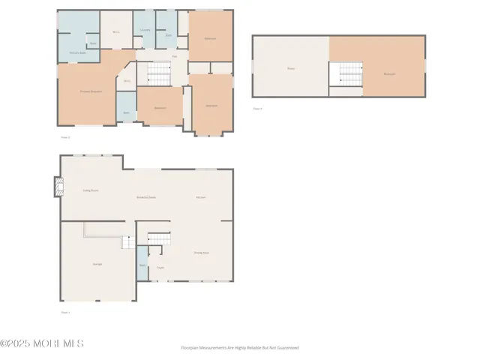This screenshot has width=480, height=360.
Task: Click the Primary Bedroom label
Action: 91,91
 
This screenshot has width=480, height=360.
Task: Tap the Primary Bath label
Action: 75,53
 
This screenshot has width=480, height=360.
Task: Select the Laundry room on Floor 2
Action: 145,30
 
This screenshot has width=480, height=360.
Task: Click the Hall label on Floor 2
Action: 174,56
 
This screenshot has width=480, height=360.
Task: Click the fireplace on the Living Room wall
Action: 57,186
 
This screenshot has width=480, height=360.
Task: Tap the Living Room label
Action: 91,190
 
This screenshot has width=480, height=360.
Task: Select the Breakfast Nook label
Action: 145,196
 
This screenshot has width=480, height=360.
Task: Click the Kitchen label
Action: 201,196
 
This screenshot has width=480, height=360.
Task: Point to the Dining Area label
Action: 201,253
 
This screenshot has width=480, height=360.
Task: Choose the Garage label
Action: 97,264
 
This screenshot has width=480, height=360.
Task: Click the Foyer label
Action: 160,268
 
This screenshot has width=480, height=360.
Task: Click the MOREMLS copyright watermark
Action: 42,343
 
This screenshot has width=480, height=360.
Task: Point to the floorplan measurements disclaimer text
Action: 240,348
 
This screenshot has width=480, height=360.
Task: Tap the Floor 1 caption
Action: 64,312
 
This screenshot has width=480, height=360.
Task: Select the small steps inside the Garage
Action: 128,241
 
